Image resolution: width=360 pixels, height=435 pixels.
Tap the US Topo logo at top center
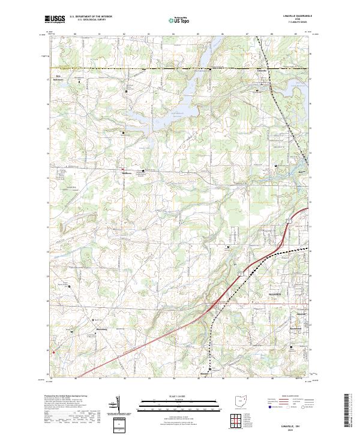tap(181, 20)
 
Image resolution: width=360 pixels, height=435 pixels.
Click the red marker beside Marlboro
tap(124, 169)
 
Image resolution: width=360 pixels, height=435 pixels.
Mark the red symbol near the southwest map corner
tap(53, 352)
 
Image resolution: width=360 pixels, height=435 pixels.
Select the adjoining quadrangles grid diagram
tap(233, 419)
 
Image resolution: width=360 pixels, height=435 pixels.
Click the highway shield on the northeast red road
tap(288, 221)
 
